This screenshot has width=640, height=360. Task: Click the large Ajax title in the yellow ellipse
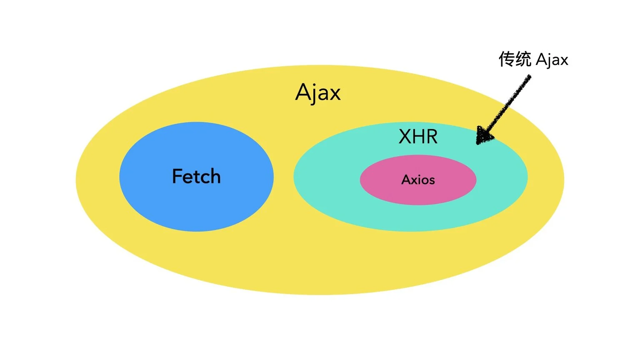pos(318,92)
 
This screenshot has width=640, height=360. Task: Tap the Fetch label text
pos(196,176)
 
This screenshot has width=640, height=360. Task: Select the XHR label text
pos(418,137)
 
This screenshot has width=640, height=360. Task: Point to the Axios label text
pos(418,180)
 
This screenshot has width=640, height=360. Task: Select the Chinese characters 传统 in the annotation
pos(515,59)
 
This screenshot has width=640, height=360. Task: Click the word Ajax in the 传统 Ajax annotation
pos(552,60)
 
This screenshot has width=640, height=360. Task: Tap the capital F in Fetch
pos(177,176)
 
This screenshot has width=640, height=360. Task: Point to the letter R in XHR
pos(432,137)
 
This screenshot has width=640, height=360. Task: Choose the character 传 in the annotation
pos(507,59)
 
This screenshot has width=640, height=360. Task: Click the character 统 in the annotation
pos(523,59)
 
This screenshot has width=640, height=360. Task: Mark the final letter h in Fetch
pos(215,176)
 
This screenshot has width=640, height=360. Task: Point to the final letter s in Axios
pos(432,181)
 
